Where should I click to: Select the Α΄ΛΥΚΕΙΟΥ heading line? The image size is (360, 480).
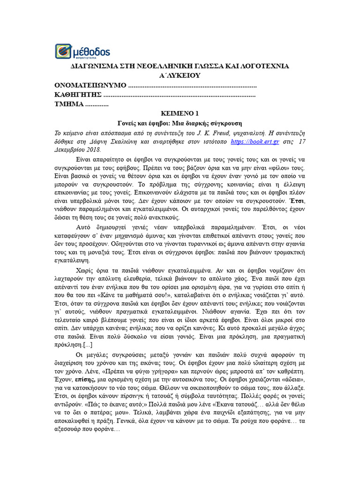pyautogui.click(x=180, y=75)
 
